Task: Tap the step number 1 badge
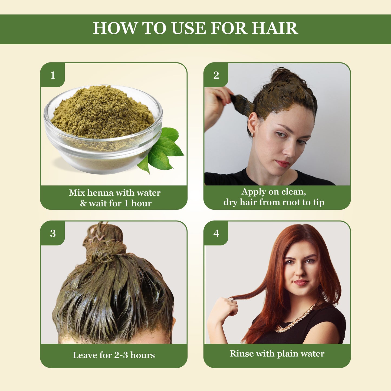[53, 75]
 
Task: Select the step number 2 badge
[216, 75]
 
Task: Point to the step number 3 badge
[53, 233]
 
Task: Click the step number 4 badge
[216, 233]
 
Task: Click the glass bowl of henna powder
[103, 130]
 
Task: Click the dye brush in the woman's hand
[242, 103]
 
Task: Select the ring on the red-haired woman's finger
[232, 300]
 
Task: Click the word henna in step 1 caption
[100, 193]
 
